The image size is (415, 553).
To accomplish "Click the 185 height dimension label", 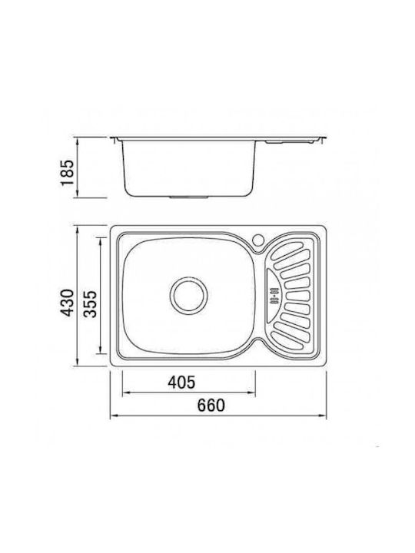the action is [x=67, y=173].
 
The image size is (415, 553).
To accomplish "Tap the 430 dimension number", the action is [x=67, y=303].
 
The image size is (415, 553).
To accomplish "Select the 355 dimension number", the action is [x=91, y=303].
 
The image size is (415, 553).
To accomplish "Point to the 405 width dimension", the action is [x=181, y=382].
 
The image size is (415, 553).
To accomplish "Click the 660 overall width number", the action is [x=211, y=406].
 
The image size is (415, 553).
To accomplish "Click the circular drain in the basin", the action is [x=189, y=295].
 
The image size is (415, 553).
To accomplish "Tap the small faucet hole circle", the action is [x=259, y=240].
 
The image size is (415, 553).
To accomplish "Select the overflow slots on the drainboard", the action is [x=274, y=296].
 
